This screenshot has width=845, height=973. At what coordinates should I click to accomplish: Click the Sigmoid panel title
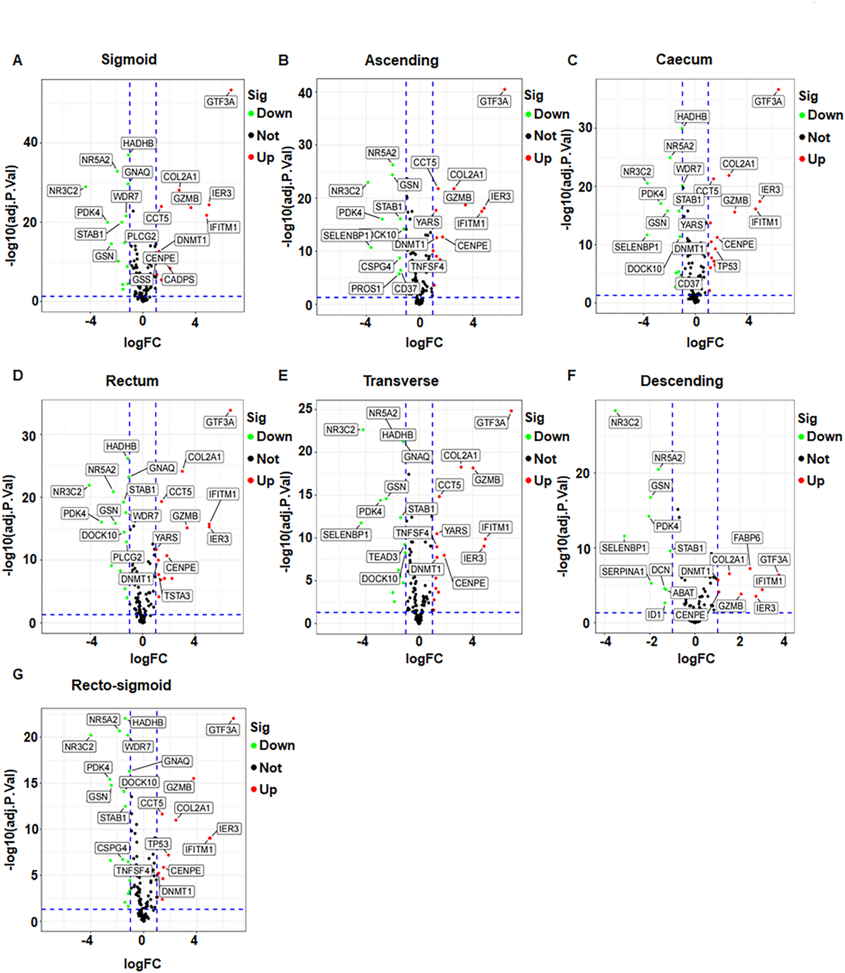click(x=129, y=59)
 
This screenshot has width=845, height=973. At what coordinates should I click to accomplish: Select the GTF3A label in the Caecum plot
click(x=768, y=101)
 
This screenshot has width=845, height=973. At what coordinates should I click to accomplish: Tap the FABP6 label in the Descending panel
click(x=747, y=538)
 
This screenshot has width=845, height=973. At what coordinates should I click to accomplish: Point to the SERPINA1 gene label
click(x=622, y=571)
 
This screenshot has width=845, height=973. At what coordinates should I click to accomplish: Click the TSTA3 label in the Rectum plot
click(x=177, y=596)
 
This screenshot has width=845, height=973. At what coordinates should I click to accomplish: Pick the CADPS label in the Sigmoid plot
click(x=179, y=280)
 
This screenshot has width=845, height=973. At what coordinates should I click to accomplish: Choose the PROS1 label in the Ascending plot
click(x=365, y=289)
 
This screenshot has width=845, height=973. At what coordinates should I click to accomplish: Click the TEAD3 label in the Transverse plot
click(x=383, y=557)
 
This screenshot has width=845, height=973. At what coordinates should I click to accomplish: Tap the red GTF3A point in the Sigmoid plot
click(x=231, y=90)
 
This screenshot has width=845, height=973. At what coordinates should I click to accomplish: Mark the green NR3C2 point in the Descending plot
click(x=615, y=411)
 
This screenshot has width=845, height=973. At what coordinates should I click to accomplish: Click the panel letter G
click(x=18, y=675)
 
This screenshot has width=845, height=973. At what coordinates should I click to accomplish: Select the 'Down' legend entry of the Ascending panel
click(x=551, y=114)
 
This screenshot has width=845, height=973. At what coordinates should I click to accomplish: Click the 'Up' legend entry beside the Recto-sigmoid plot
click(x=267, y=790)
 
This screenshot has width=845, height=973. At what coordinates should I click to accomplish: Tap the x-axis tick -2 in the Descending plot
click(x=651, y=641)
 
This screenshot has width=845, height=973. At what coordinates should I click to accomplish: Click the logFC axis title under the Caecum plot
click(x=705, y=342)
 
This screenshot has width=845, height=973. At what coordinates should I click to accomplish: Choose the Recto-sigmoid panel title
click(x=121, y=685)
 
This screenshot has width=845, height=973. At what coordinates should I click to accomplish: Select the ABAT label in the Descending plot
click(x=683, y=593)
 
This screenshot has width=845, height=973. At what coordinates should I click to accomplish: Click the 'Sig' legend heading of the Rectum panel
click(x=257, y=418)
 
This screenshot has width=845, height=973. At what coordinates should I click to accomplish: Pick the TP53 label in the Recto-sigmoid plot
click(x=157, y=844)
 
